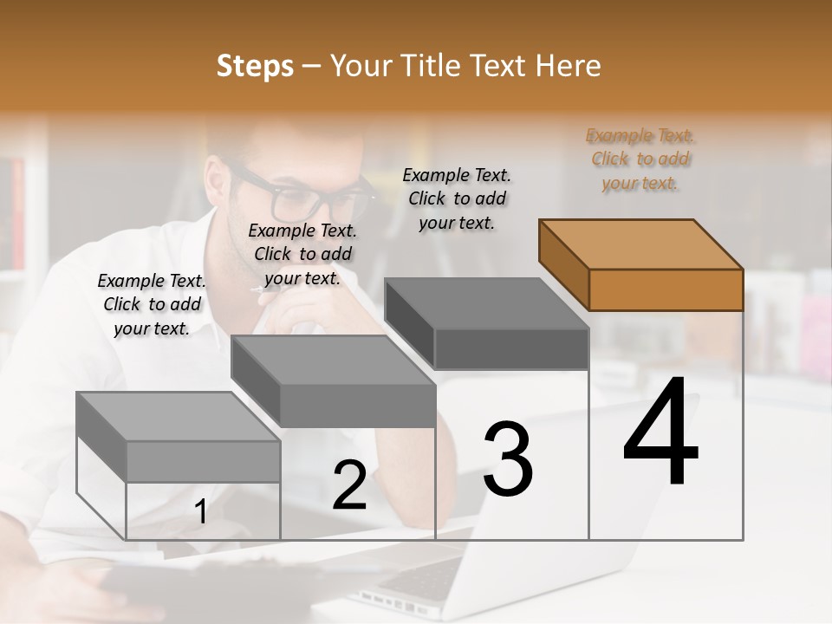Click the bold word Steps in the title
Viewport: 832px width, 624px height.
(x=255, y=66)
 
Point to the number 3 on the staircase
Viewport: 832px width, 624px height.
(x=507, y=459)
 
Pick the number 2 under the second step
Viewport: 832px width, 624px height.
(x=349, y=486)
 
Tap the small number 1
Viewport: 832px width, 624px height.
(x=201, y=512)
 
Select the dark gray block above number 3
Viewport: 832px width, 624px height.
(x=487, y=324)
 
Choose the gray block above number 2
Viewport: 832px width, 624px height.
(x=334, y=381)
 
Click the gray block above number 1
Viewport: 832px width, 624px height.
(x=179, y=438)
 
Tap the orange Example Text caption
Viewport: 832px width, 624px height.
(x=640, y=159)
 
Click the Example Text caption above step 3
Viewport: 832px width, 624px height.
(x=457, y=198)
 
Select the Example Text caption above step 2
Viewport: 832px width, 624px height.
(x=302, y=254)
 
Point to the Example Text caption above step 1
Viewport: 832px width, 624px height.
(x=152, y=304)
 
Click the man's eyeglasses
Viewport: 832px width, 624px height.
(x=303, y=195)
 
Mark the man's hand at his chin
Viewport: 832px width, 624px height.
(x=299, y=312)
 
